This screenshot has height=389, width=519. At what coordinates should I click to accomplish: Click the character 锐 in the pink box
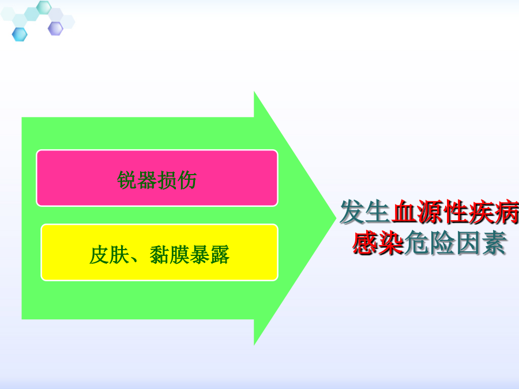coord(127,180)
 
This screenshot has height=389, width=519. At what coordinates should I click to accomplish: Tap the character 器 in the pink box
coord(146,180)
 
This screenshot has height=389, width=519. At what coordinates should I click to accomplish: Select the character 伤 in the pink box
coord(187,180)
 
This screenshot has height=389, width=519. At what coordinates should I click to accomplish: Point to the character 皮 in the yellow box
coord(99,255)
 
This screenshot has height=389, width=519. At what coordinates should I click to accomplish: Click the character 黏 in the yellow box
coord(160,255)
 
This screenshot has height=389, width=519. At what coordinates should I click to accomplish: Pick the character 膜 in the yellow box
coord(179,255)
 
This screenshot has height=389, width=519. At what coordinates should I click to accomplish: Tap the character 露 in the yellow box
coord(220,255)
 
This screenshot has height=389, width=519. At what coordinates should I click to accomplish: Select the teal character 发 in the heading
coord(352,212)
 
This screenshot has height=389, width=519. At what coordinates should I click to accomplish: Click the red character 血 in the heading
coord(404,212)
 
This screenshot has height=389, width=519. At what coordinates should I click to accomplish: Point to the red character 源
coord(430,212)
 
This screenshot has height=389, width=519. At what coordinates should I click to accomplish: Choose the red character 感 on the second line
coord(365,243)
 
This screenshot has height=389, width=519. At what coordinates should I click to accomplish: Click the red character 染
coord(391,243)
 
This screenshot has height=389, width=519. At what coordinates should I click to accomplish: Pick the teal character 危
coord(417,243)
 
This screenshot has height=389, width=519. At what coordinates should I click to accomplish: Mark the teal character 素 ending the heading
coord(494,243)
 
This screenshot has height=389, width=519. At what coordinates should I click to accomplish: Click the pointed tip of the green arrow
coord(336,218)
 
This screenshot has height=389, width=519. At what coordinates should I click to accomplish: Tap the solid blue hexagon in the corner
coord(20,35)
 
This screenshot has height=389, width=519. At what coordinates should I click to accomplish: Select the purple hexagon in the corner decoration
coord(55,29)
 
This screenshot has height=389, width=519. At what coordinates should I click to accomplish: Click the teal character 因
coord(468,243)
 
